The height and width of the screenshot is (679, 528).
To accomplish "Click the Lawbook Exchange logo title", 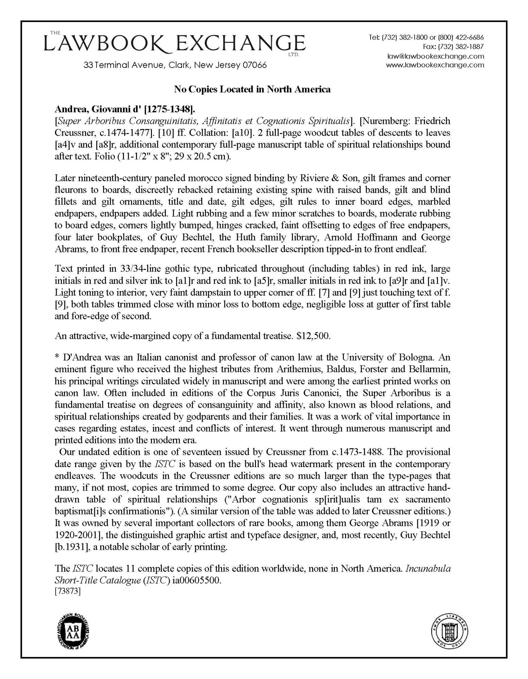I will [174, 44].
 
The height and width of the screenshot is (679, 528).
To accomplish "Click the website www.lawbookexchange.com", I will [435, 65].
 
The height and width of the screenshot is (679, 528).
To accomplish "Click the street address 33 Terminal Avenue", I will [175, 65].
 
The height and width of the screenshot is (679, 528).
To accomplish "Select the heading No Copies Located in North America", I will [252, 89].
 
